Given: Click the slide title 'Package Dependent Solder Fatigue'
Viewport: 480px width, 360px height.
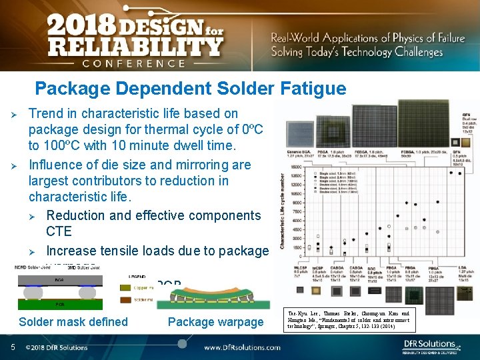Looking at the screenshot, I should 191,88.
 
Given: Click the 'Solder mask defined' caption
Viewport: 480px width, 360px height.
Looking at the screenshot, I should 73,322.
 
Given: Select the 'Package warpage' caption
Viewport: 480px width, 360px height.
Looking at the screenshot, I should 215,322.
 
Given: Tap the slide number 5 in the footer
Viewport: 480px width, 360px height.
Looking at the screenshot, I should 13,347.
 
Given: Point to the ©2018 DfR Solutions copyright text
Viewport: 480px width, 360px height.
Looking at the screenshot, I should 56,347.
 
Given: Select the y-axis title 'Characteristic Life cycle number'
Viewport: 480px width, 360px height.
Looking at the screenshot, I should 283,211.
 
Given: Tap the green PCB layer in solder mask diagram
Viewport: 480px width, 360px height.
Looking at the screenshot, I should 53,303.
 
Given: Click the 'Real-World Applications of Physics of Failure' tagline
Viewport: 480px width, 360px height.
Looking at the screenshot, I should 367,38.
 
